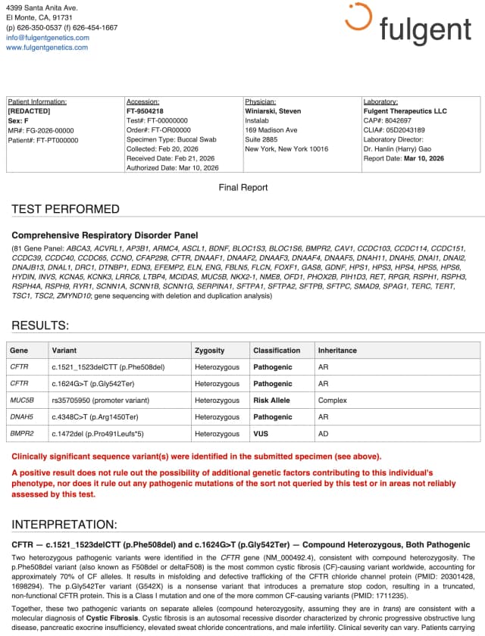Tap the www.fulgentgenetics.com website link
pyautogui.click(x=47, y=47)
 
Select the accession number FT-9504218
pyautogui.click(x=145, y=111)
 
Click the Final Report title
pyautogui.click(x=242, y=187)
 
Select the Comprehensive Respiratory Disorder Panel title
pyautogui.click(x=105, y=235)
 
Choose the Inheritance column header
pyautogui.click(x=337, y=351)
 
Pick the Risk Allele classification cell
pyautogui.click(x=271, y=401)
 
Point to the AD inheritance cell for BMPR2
pyautogui.click(x=324, y=434)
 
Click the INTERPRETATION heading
pyautogui.click(x=64, y=524)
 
